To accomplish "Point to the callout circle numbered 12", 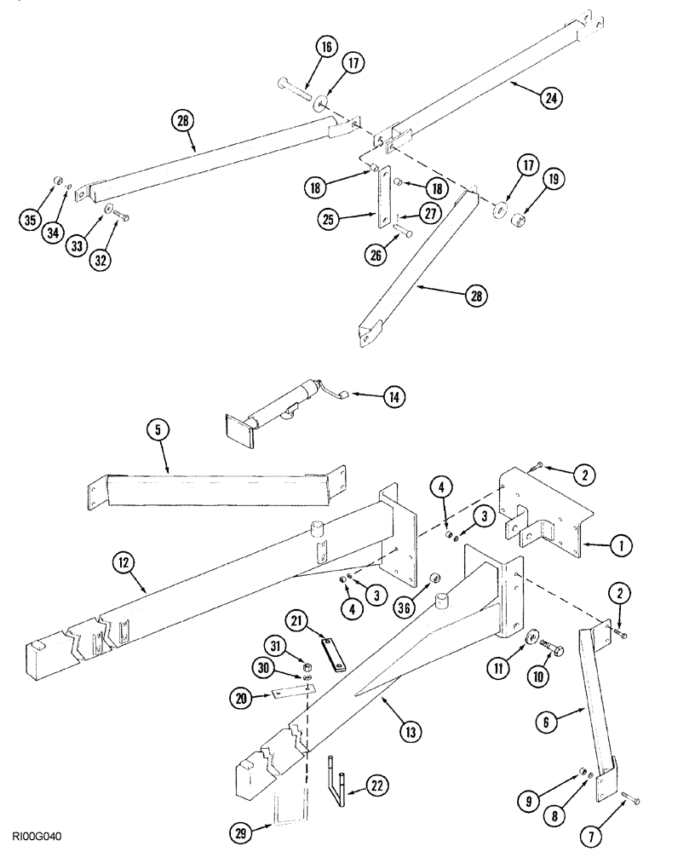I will tap(123, 561).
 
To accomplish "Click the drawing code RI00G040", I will tap(37, 838).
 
